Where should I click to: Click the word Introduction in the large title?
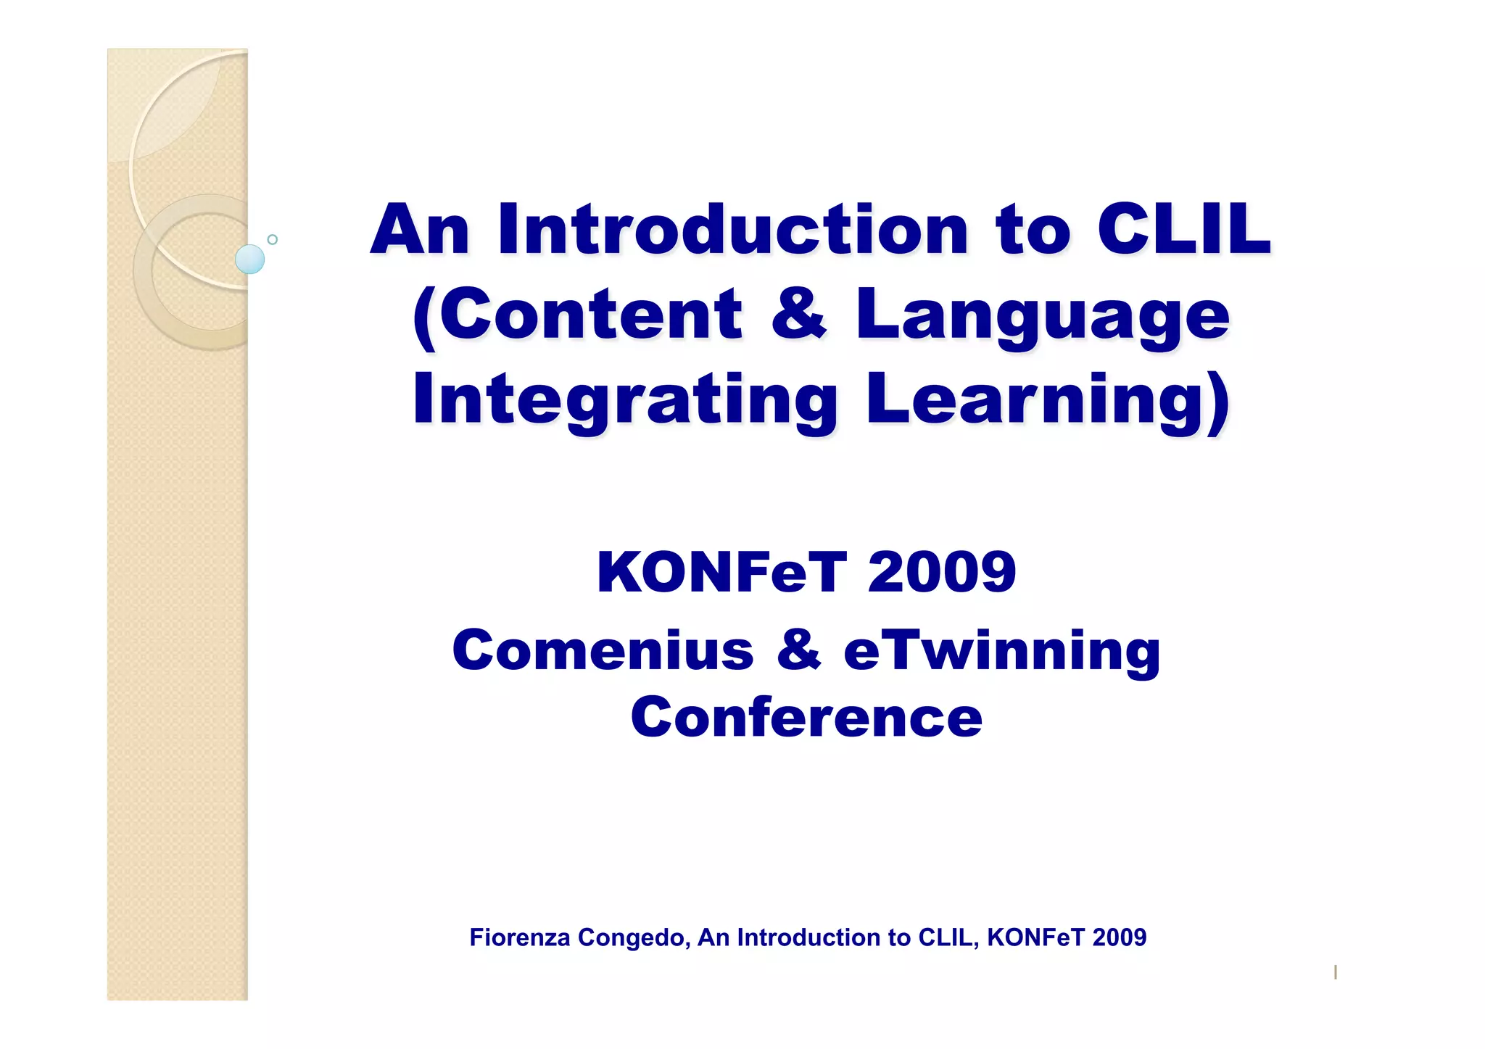tap(732, 230)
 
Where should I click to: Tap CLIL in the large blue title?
tap(1184, 230)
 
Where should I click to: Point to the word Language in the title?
tap(1043, 315)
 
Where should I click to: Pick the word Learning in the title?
tap(1048, 399)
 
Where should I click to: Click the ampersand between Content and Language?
tap(798, 315)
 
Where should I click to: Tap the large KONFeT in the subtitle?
tap(721, 573)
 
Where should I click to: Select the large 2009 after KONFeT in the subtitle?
tap(942, 573)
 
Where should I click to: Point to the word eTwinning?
tap(1002, 650)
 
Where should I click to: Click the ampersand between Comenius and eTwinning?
tap(798, 650)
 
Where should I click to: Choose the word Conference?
tap(806, 718)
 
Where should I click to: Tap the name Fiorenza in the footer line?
tap(519, 937)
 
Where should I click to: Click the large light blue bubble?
tap(250, 260)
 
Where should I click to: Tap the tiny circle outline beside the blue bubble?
tap(273, 239)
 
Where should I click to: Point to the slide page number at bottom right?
tap(1335, 972)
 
